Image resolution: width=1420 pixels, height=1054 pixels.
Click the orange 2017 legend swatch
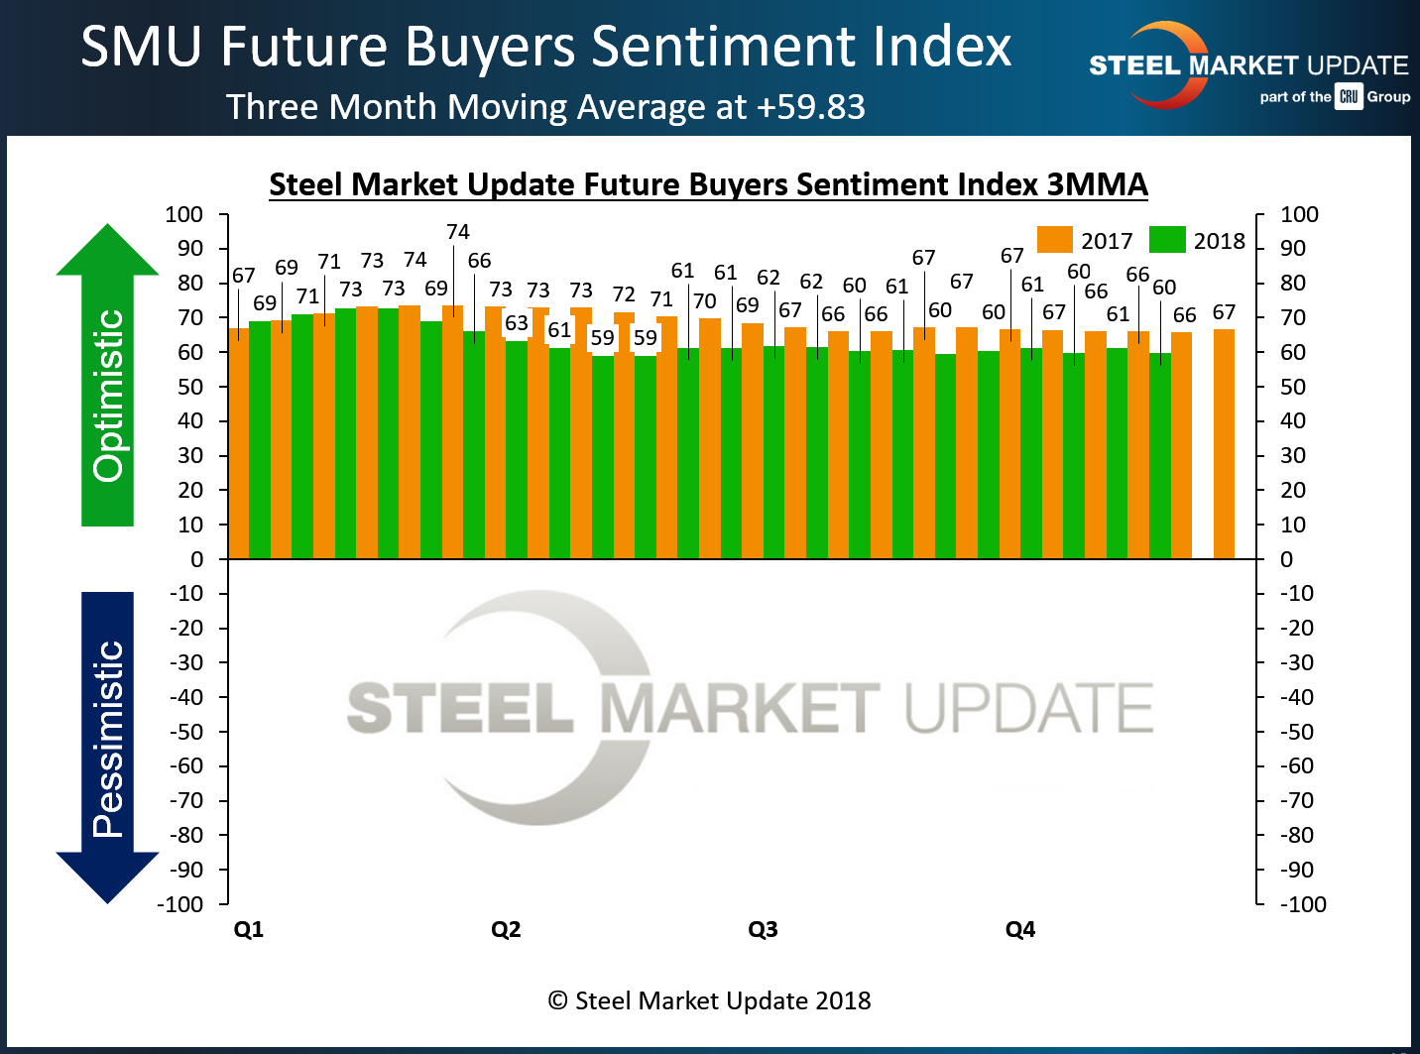tap(1055, 240)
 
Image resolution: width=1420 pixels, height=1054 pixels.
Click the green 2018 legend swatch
tap(1167, 240)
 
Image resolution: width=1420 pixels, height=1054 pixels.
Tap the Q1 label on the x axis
tap(248, 929)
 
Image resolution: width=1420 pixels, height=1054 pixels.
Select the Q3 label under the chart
tap(763, 929)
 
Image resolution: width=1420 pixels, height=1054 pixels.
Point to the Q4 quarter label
tap(1020, 929)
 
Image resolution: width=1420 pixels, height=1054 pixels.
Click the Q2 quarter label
tap(506, 929)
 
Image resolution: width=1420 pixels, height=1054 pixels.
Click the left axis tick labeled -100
tap(179, 904)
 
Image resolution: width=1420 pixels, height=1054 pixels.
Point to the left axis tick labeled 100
tap(183, 214)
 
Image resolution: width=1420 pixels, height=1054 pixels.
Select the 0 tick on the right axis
tap(1286, 559)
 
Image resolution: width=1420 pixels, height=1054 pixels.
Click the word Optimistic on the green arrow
tap(108, 396)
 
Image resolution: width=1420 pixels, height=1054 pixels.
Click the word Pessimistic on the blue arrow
tap(108, 739)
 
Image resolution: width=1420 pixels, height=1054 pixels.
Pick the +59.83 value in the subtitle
tap(810, 107)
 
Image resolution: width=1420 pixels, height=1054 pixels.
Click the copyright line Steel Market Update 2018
tap(710, 1000)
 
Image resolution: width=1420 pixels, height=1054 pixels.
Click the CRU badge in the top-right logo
tap(1349, 96)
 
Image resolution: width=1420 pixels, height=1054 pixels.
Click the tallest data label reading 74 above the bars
tap(457, 232)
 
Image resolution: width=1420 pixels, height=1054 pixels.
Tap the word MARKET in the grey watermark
tap(740, 708)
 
